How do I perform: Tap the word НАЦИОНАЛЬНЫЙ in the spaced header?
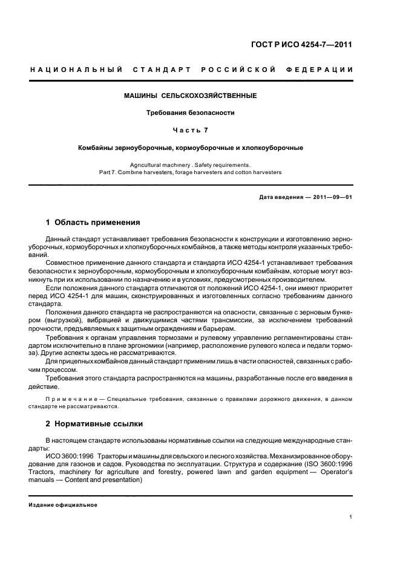77,70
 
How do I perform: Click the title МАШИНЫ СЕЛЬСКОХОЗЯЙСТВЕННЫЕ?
190,96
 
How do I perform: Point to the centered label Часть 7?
190,130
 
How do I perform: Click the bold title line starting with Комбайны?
190,148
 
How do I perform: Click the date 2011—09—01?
332,198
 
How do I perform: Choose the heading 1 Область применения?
93,222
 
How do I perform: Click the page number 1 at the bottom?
351,517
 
